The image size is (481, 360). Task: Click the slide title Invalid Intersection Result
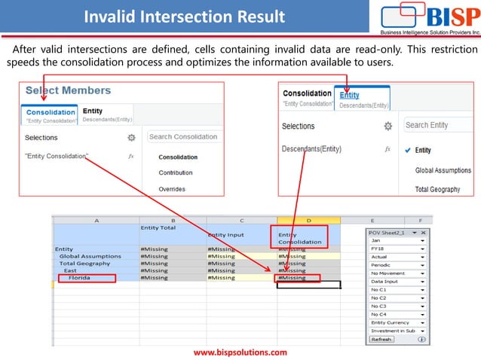[x=184, y=17]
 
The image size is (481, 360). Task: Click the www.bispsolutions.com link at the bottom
[x=240, y=352]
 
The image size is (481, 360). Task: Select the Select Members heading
[x=68, y=90]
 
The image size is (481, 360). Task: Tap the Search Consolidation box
[x=183, y=137]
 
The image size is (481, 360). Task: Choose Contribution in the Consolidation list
[x=176, y=173]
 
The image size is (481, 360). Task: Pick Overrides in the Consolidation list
[x=173, y=189]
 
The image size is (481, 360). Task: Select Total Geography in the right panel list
[x=437, y=189]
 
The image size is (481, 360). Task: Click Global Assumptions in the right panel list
[x=443, y=170]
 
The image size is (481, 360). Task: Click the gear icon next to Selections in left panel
[x=131, y=138]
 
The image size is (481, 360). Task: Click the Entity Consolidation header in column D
[x=299, y=237]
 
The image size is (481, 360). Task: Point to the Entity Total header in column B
[x=158, y=227]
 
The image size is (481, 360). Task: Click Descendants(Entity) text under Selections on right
[x=311, y=149]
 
